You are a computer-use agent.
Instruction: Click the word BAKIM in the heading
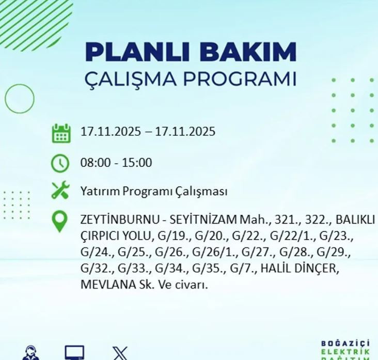click(x=247, y=52)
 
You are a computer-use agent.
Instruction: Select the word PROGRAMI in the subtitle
click(x=248, y=79)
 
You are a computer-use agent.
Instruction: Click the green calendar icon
click(x=61, y=133)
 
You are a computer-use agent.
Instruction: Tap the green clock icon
click(x=60, y=163)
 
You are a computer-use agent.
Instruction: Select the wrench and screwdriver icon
click(x=60, y=191)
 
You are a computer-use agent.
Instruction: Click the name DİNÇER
click(x=319, y=269)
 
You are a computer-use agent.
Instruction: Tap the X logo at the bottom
click(x=120, y=353)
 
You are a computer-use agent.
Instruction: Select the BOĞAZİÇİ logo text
click(x=345, y=344)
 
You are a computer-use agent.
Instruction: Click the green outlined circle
click(x=20, y=98)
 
